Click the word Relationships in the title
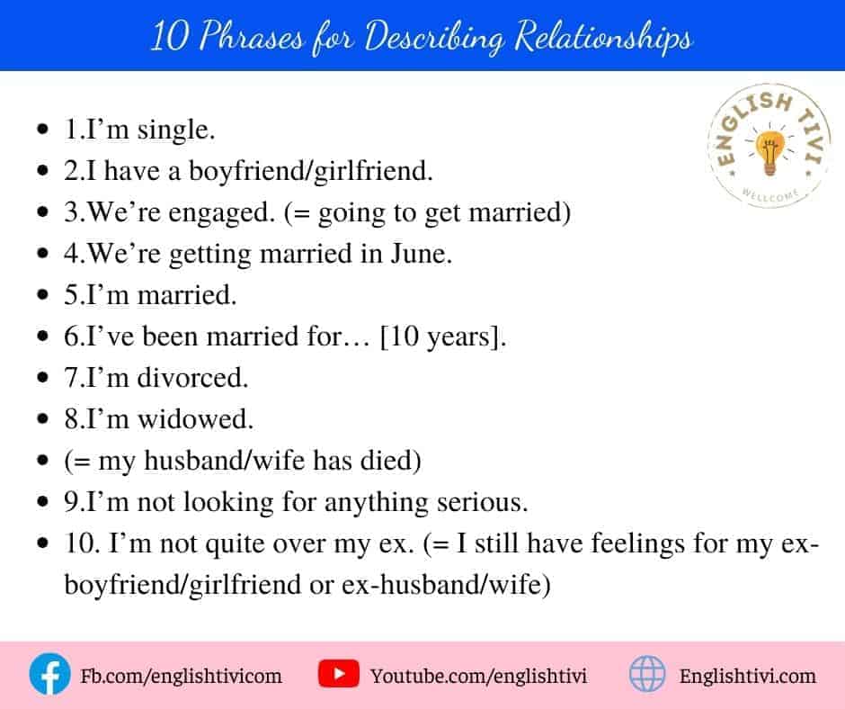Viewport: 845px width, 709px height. point(602,37)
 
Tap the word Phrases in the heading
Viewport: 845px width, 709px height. point(252,36)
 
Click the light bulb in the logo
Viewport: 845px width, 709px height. point(769,153)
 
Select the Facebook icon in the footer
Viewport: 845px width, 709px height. point(49,674)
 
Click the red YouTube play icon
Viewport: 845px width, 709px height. point(338,673)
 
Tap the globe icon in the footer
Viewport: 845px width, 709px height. point(647,673)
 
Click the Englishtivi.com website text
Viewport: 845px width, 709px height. point(748,676)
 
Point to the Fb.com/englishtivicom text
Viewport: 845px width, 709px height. point(181,676)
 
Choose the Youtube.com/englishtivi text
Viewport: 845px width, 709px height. point(478,676)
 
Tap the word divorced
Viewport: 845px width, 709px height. point(193,377)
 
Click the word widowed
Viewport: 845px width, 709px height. point(196,418)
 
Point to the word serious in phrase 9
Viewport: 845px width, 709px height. point(483,502)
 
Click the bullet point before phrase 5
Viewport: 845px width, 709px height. point(43,294)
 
